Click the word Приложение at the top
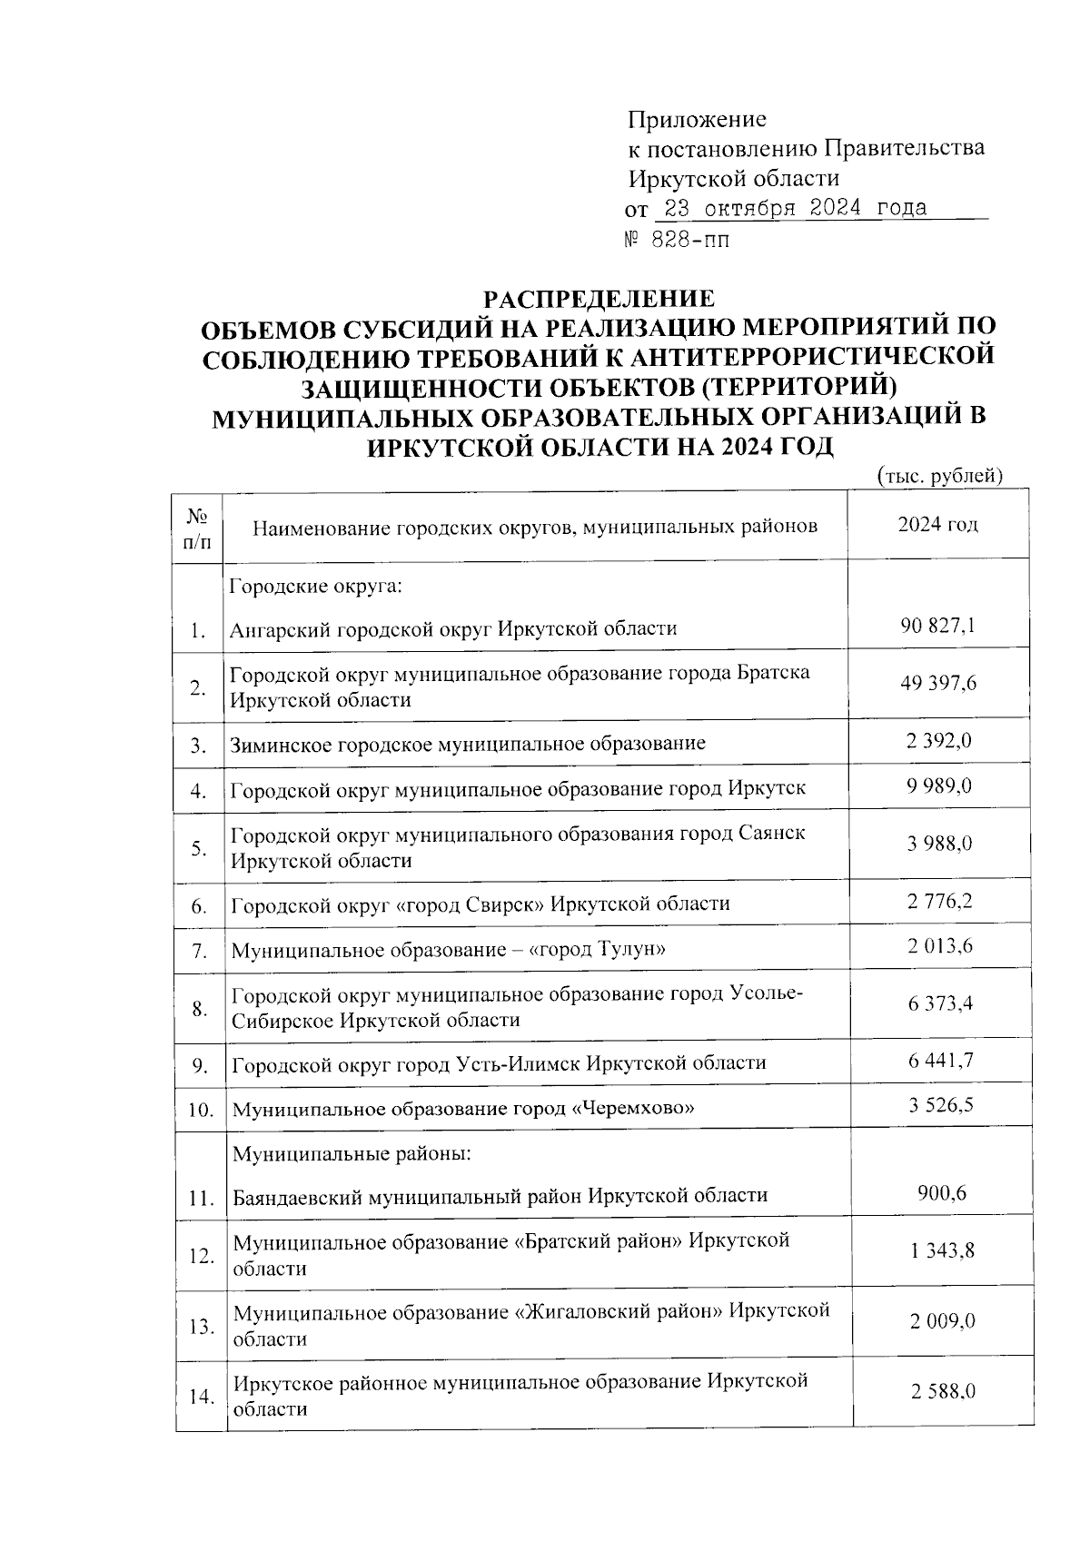697,120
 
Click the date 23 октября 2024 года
795,208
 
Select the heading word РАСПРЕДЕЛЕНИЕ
598,298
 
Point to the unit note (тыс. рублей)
939,475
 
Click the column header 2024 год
937,525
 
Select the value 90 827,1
937,625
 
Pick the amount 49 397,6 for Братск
937,683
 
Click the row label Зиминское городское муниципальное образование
467,744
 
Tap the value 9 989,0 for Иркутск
937,785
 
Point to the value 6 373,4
939,1003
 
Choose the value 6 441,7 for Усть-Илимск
939,1060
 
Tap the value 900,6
941,1192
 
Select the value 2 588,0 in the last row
943,1391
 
